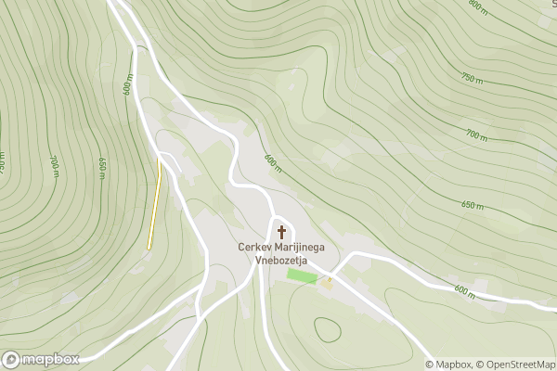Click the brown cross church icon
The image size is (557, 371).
pos(281,231)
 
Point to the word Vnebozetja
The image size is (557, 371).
pos(281,261)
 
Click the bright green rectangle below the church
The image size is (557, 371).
pos(301,275)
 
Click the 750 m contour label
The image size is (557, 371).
pos(473,77)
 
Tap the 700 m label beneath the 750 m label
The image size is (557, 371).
pos(476,135)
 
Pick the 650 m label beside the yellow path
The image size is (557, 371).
pos(102,167)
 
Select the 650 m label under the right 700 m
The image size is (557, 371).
pos(473,205)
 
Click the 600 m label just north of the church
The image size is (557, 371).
pos(272,163)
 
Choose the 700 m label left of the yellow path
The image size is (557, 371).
pos(55,165)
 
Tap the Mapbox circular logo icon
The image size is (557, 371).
pos(11,360)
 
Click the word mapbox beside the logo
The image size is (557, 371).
pos(51,360)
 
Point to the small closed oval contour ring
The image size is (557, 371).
pos(327,329)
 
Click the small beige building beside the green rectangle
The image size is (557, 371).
pos(326,282)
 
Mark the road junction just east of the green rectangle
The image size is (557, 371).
pos(330,276)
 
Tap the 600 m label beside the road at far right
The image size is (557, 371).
pos(464,290)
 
